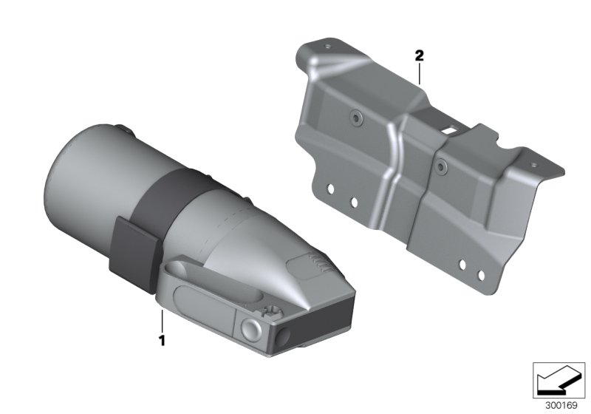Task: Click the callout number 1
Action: (162, 341)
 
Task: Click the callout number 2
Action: (419, 55)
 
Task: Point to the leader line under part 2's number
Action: (419, 73)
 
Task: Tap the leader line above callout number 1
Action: (162, 322)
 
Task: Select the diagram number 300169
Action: (561, 406)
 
